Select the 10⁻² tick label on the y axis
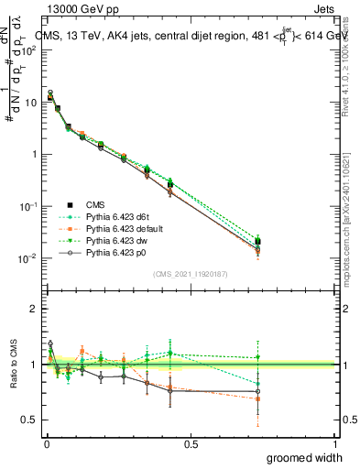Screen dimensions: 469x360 point(28,258)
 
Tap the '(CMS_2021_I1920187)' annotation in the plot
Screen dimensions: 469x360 point(191,274)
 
